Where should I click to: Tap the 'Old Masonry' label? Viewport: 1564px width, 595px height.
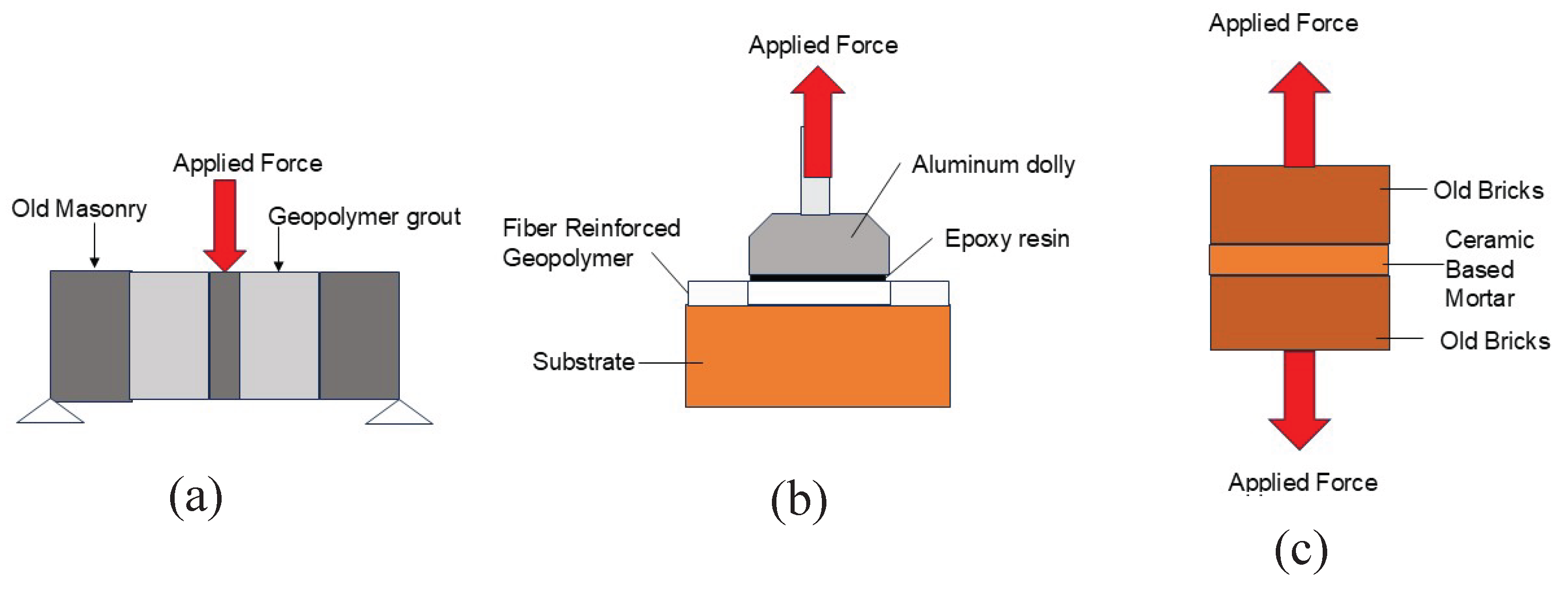[x=79, y=209]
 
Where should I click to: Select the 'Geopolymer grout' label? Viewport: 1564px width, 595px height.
[x=364, y=217]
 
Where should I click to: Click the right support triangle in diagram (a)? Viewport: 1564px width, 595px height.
[x=399, y=414]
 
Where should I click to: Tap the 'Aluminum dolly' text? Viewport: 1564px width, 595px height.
[x=994, y=165]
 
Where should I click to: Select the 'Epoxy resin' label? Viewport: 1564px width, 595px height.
[x=1007, y=238]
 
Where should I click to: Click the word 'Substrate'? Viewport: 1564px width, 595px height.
[x=584, y=362]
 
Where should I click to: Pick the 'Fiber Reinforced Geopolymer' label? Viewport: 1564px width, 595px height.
[x=591, y=243]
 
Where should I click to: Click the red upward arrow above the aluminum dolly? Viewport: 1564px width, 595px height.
[x=817, y=121]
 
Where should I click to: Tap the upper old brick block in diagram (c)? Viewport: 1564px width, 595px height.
[x=1299, y=205]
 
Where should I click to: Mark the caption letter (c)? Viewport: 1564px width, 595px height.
[x=1300, y=551]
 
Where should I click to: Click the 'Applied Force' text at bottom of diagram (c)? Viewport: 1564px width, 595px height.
[x=1302, y=483]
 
